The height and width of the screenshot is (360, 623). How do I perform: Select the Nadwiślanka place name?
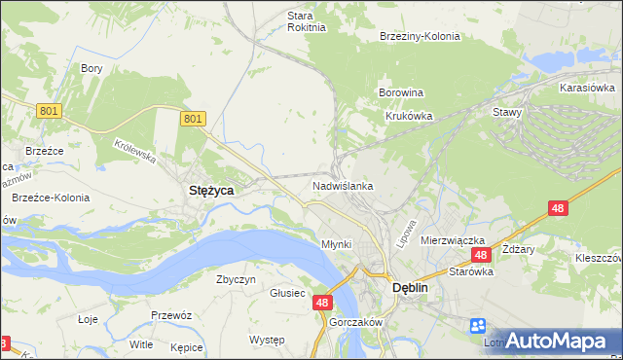pyautogui.click(x=343, y=185)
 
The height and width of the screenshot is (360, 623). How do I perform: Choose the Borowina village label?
pyautogui.click(x=401, y=93)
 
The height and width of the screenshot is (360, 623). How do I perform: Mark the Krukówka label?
pyautogui.click(x=407, y=115)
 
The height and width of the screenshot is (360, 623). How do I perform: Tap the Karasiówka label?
pyautogui.click(x=585, y=88)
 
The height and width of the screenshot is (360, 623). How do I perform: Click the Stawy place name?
pyautogui.click(x=508, y=112)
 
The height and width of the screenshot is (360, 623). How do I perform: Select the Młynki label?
pyautogui.click(x=336, y=243)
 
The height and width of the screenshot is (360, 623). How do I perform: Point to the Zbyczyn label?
pyautogui.click(x=236, y=279)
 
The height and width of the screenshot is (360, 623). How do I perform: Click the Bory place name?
pyautogui.click(x=92, y=68)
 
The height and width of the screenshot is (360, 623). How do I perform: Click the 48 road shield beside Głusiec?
pyautogui.click(x=324, y=304)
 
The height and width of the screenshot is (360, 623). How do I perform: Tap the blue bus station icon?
pyautogui.click(x=477, y=326)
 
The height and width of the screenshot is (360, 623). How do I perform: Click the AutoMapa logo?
pyautogui.click(x=557, y=341)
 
